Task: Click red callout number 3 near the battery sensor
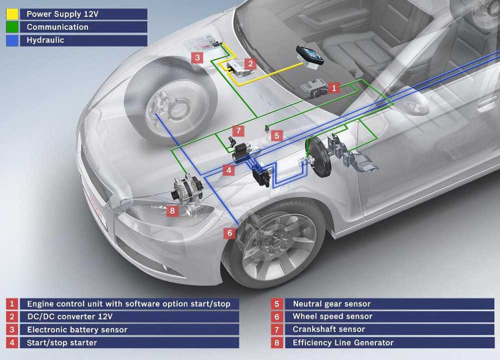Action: tap(198, 57)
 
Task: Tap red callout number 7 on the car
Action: tap(239, 131)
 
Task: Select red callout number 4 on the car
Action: tap(229, 170)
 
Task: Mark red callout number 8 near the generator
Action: tap(172, 210)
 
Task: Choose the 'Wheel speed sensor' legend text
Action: tap(332, 316)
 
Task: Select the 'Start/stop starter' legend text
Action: tap(62, 342)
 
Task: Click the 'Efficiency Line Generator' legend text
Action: tap(343, 342)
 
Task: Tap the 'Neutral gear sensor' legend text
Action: tap(331, 303)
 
